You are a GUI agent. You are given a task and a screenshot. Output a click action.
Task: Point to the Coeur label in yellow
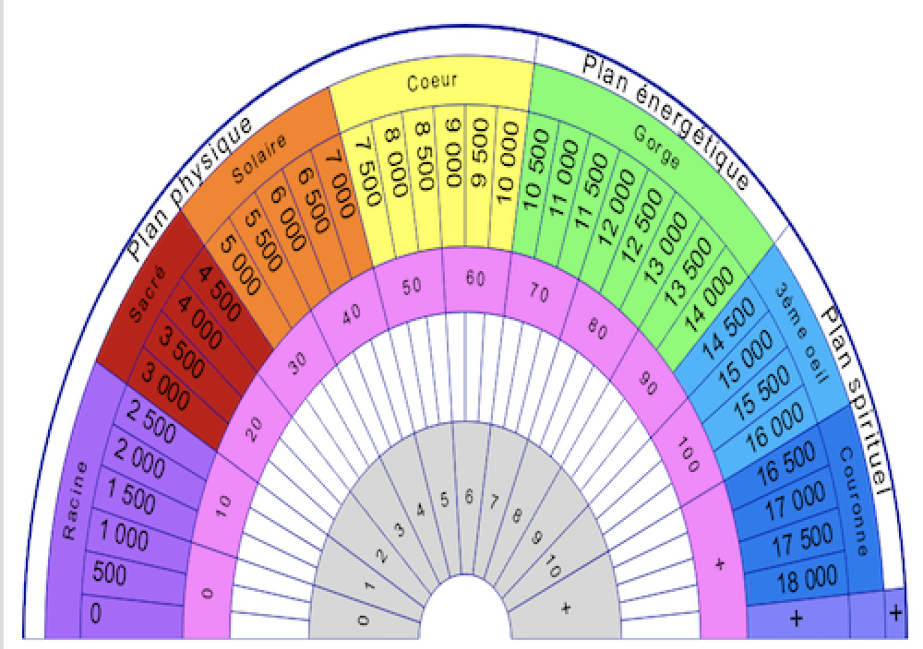(x=432, y=82)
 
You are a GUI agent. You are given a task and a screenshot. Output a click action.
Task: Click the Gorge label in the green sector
(x=656, y=146)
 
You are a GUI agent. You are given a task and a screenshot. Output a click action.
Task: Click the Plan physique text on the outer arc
(x=189, y=187)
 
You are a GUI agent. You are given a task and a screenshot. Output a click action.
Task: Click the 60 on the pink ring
(x=475, y=277)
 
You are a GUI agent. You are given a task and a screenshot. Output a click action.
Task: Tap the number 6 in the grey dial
(x=469, y=498)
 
